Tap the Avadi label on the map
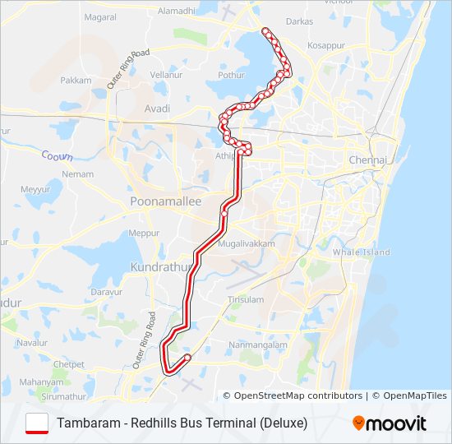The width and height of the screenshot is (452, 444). coord(156,109)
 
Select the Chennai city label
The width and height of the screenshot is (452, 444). coord(367,160)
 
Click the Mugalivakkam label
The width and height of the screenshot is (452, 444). coord(246,244)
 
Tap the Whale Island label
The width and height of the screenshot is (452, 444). coord(362,252)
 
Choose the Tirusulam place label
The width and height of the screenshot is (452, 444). coord(245,299)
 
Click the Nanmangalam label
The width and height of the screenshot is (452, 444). coord(257,345)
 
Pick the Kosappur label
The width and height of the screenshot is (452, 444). coord(325,46)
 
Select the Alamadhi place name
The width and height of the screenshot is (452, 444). coord(177,11)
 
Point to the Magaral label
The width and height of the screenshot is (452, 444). coord(100,16)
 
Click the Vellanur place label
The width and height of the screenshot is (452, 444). coord(165,74)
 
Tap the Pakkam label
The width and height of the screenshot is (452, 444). coord(76,81)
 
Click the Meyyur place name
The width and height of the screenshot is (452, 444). coord(35,188)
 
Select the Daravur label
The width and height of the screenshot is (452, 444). coord(106,291)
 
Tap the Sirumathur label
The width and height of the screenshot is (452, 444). coord(63,395)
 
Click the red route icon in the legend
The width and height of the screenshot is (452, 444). coord(37,423)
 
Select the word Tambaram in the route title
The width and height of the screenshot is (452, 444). coord(86,423)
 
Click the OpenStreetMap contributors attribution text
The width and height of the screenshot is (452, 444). coord(298,395)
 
